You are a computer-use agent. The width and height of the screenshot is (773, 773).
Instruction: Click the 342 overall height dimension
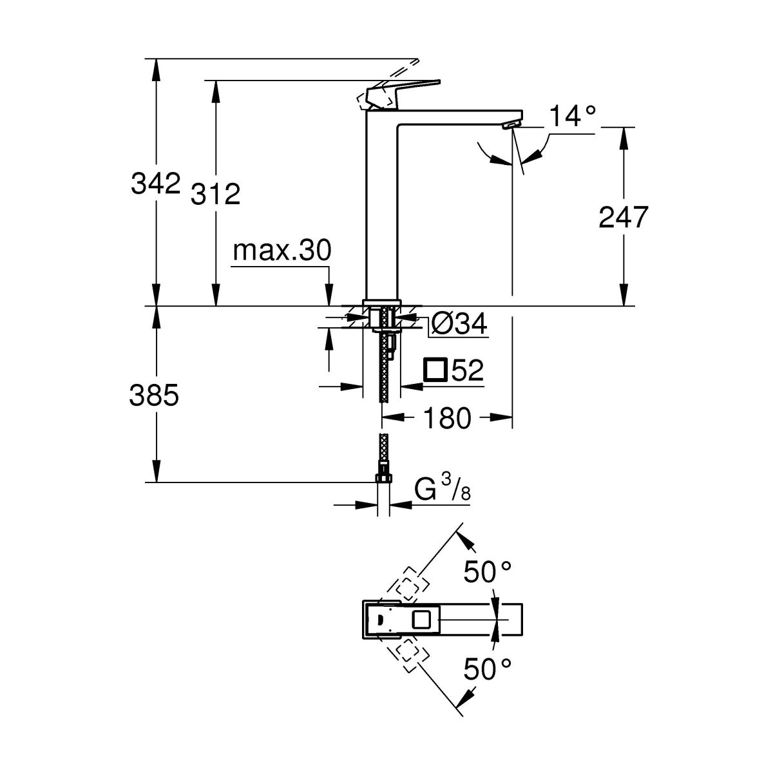pyautogui.click(x=155, y=184)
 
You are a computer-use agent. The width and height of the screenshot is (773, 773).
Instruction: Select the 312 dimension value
pyautogui.click(x=216, y=193)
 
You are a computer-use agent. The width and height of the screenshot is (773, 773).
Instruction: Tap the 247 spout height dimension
pyautogui.click(x=622, y=218)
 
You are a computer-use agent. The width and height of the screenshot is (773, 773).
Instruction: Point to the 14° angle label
pyautogui.click(x=573, y=117)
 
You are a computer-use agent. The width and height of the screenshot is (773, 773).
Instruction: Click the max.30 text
pyautogui.click(x=282, y=251)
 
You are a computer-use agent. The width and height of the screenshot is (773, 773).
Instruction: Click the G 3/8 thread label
pyautogui.click(x=444, y=490)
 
